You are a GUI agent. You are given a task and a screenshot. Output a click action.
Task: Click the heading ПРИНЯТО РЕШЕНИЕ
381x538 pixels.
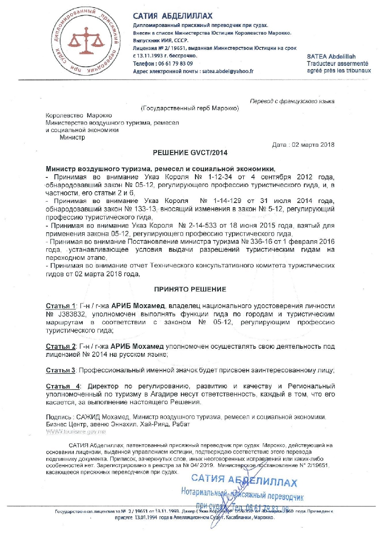pos(190,289)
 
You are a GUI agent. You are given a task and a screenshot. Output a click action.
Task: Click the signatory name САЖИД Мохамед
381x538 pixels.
pos(99,416)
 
